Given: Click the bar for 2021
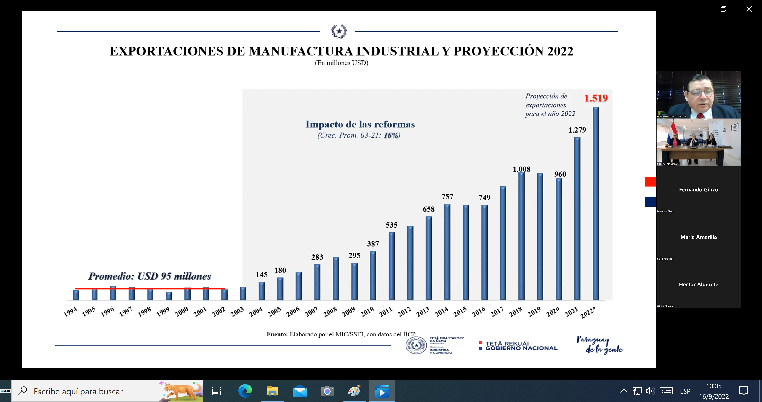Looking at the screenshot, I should pyautogui.click(x=577, y=219).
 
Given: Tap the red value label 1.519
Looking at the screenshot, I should pyautogui.click(x=596, y=98).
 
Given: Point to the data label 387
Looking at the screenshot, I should pyautogui.click(x=373, y=244).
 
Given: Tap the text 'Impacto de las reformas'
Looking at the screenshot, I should pyautogui.click(x=360, y=124).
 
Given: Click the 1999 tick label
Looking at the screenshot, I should pyautogui.click(x=163, y=312).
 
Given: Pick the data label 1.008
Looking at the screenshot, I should pyautogui.click(x=521, y=169).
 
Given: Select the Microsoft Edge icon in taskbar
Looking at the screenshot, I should pyautogui.click(x=245, y=391).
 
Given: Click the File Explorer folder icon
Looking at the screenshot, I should pyautogui.click(x=272, y=391).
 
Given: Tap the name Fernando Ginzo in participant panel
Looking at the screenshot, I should pyautogui.click(x=698, y=189).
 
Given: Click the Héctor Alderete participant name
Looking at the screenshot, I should pyautogui.click(x=698, y=285).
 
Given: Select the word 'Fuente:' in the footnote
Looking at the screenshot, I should pyautogui.click(x=277, y=334).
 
